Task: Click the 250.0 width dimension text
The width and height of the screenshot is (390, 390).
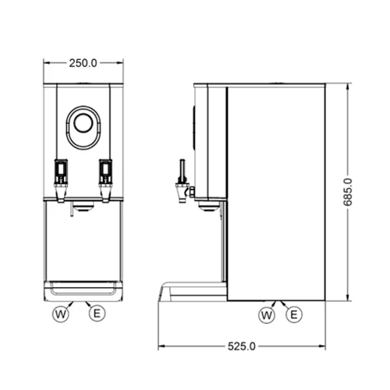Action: click(x=83, y=63)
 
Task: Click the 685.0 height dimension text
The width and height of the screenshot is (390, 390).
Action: click(x=348, y=192)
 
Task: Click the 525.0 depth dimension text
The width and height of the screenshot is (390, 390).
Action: click(x=242, y=346)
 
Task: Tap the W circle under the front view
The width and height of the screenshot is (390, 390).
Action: click(x=61, y=314)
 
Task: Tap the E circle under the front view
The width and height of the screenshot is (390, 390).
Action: click(x=97, y=314)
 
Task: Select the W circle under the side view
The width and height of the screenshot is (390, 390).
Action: click(x=267, y=315)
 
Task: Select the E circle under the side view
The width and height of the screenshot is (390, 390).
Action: click(x=294, y=314)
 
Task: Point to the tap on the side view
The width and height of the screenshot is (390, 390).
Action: click(x=184, y=181)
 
